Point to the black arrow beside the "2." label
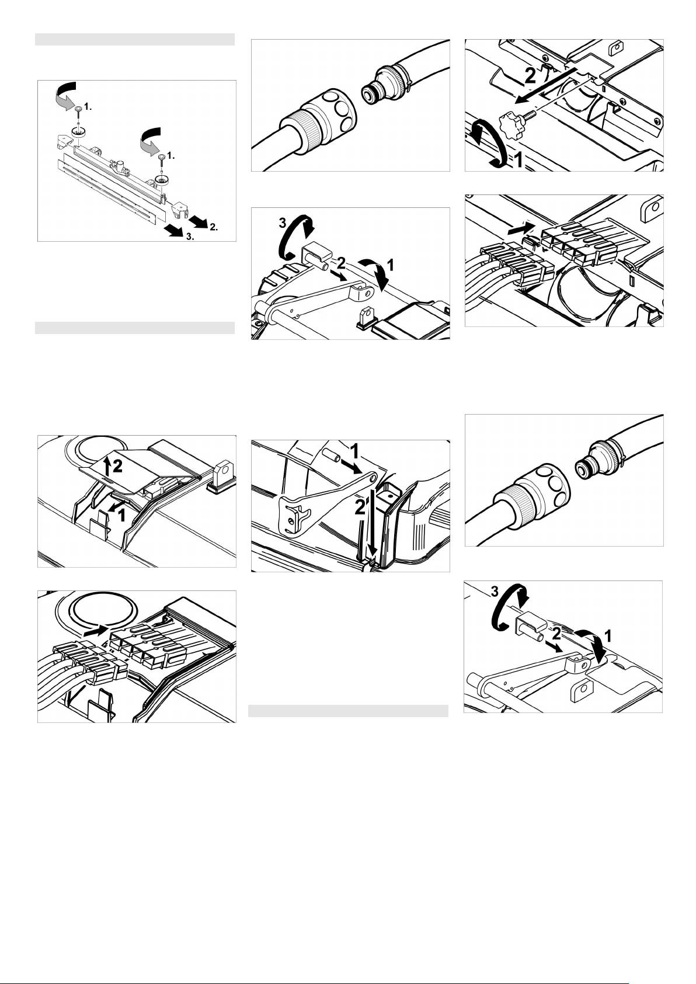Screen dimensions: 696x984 click(x=199, y=219)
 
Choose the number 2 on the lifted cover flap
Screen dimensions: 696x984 click(x=117, y=467)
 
